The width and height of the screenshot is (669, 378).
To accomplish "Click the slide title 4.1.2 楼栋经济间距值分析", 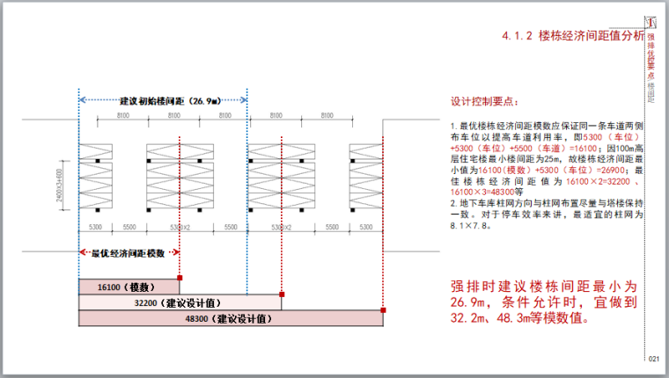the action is click(573, 36).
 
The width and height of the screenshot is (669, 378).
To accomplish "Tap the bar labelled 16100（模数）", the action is click(128, 287).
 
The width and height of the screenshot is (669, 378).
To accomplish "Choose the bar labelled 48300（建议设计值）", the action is click(231, 318).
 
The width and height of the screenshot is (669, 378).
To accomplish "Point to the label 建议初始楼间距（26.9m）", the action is click(164, 100).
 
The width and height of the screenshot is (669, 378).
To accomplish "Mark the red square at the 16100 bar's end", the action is click(180, 279).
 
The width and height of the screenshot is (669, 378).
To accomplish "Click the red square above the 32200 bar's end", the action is click(283, 294).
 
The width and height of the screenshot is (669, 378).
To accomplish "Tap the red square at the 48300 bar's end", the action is click(384, 309).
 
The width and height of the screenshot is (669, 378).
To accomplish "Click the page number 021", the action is click(653, 359).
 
